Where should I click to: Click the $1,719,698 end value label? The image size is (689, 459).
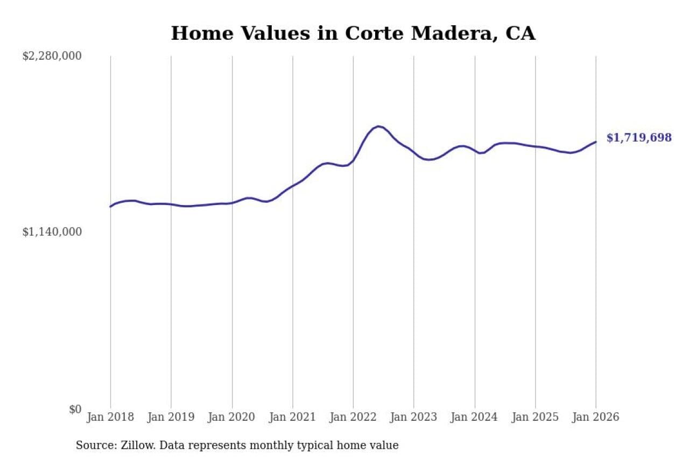pyautogui.click(x=639, y=138)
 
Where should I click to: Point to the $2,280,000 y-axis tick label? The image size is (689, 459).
pyautogui.click(x=52, y=56)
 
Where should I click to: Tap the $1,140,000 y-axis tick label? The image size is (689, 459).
pyautogui.click(x=52, y=232)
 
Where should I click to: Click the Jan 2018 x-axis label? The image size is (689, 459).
pyautogui.click(x=110, y=418)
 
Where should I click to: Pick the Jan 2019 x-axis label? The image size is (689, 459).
pyautogui.click(x=171, y=418)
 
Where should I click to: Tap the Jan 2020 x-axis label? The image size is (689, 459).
pyautogui.click(x=232, y=418)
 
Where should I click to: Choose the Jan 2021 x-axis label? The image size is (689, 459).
pyautogui.click(x=292, y=418)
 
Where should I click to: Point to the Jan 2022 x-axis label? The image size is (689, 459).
pyautogui.click(x=353, y=418)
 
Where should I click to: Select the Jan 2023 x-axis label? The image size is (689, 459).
pyautogui.click(x=414, y=418)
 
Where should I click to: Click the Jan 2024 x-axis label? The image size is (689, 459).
pyautogui.click(x=475, y=418)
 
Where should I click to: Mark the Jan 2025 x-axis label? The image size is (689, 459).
pyautogui.click(x=535, y=418)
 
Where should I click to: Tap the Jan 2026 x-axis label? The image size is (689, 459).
pyautogui.click(x=596, y=418)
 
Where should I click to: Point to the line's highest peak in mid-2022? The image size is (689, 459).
pyautogui.click(x=378, y=126)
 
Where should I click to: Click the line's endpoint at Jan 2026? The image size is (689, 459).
pyautogui.click(x=596, y=142)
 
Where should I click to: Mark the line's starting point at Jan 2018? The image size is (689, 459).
pyautogui.click(x=110, y=207)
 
